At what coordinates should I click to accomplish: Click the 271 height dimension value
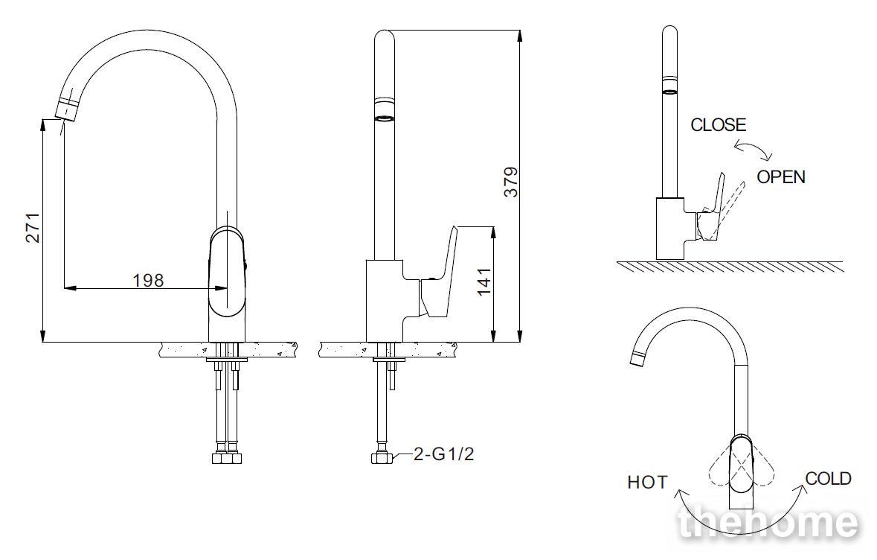coord(33,227)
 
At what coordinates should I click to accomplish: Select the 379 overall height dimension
coord(511,182)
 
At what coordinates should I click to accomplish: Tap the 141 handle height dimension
coord(484,281)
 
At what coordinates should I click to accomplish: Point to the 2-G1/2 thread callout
coord(443,454)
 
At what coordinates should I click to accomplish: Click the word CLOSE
coord(718,124)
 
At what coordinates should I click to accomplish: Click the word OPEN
coord(781,177)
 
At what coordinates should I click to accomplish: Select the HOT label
coord(647,482)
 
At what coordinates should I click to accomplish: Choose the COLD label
coord(829,478)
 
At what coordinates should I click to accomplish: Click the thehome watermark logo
coord(768,523)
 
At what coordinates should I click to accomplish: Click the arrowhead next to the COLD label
coord(803,489)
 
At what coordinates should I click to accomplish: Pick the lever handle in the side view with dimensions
coord(439,272)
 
